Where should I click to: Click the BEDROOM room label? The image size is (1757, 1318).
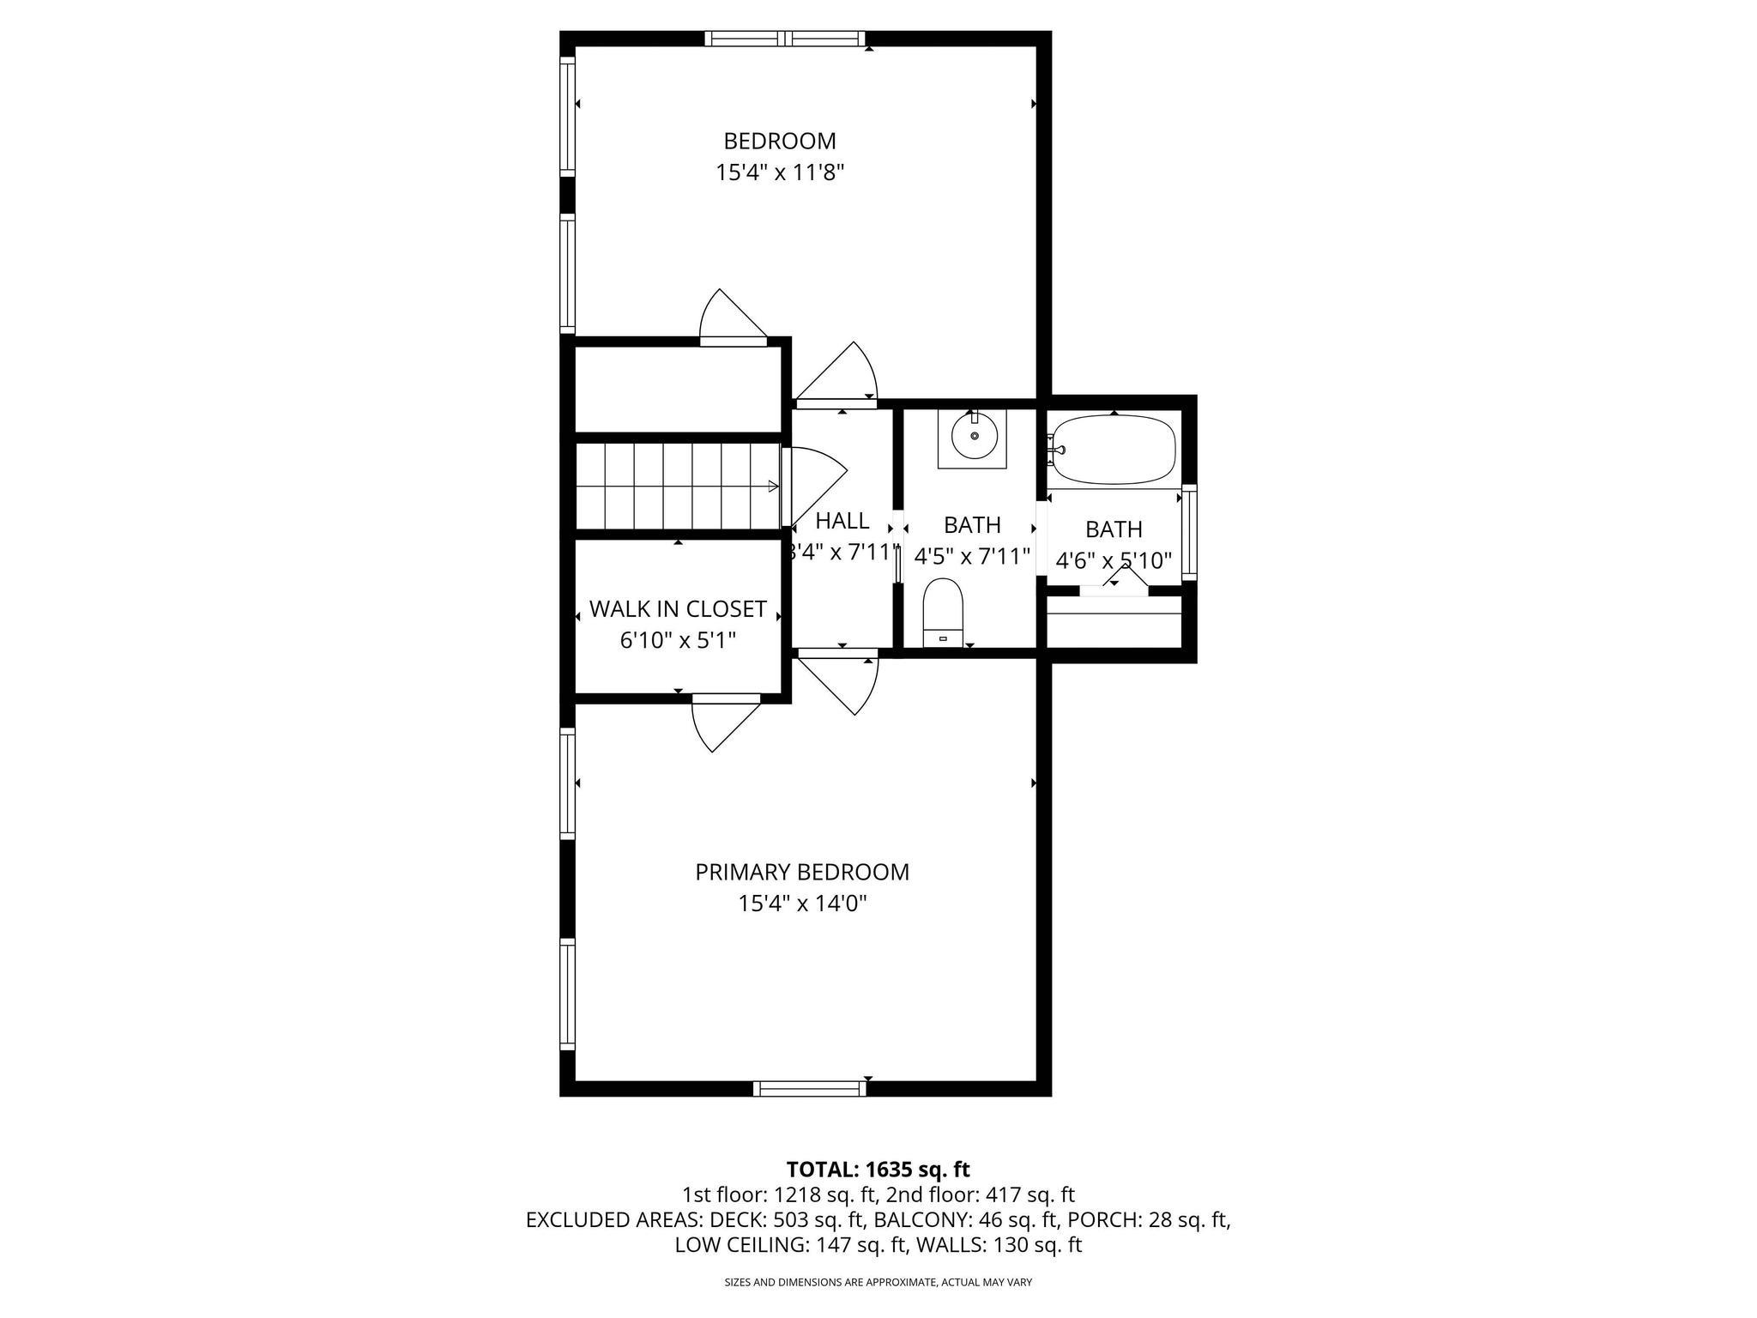coord(779,141)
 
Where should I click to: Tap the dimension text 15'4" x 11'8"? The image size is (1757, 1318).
coord(780,173)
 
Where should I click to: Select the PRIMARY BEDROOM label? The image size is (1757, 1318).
coord(801,872)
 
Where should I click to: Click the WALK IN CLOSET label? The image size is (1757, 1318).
coord(678,609)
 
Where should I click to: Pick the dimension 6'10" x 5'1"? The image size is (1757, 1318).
coord(678,640)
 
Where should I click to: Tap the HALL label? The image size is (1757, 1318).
coord(842,521)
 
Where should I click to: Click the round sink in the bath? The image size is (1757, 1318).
coord(973,435)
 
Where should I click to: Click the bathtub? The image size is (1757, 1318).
coord(1114,449)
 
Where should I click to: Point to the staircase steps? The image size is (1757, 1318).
coord(678,486)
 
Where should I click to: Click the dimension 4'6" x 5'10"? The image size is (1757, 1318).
coord(1113,561)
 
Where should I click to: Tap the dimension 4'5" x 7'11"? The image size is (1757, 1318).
coord(971,557)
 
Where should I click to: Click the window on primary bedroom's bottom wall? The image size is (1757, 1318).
coord(809,1088)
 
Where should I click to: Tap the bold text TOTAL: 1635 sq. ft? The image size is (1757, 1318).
coord(878,1169)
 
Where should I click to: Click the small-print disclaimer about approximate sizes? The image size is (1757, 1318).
coord(878,1282)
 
